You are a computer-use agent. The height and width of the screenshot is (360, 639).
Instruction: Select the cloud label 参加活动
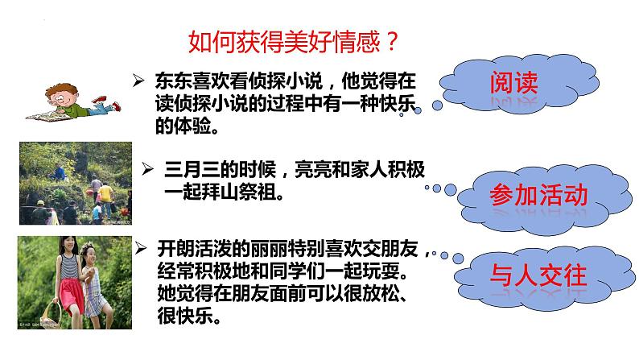point(538,195)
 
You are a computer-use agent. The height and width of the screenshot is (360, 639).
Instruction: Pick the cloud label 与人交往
point(538,278)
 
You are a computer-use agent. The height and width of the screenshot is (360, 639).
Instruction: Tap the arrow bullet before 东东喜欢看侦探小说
point(138,79)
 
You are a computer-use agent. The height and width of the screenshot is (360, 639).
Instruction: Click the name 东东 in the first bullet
point(169,79)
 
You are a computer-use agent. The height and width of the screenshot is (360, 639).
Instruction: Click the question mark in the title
point(390,39)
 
